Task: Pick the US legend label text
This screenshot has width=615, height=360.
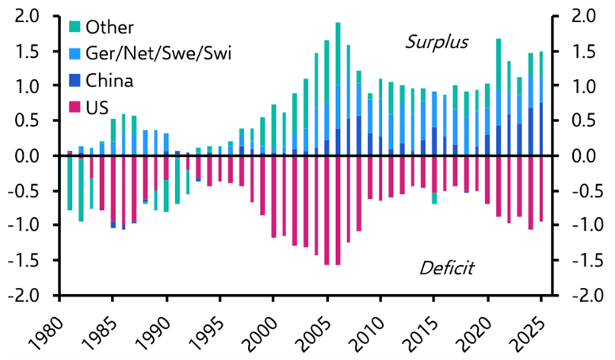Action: coord(98,106)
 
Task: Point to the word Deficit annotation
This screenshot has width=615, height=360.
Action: coord(445,268)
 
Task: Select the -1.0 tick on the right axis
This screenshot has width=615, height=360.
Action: coord(579,226)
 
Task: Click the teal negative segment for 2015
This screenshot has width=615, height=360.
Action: coord(434,197)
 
